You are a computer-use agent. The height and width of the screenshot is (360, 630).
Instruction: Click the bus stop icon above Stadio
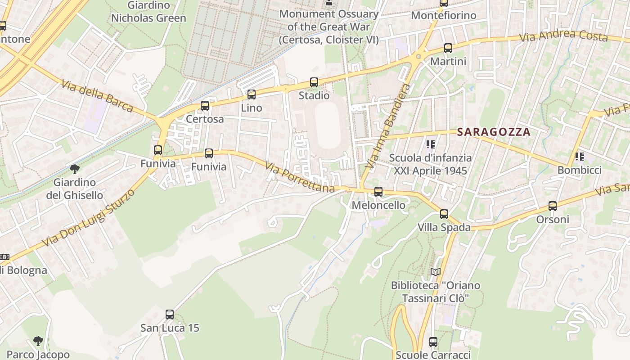pyautogui.click(x=314, y=82)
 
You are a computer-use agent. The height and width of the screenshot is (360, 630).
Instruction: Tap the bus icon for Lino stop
pyautogui.click(x=252, y=94)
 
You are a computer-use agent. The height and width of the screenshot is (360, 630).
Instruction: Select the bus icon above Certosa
pyautogui.click(x=205, y=106)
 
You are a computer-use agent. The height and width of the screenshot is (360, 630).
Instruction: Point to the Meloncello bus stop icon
pyautogui.click(x=378, y=192)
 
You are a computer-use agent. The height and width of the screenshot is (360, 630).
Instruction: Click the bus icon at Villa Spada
pyautogui.click(x=444, y=214)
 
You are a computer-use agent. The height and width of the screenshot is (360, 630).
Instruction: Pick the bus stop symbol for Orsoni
pyautogui.click(x=553, y=206)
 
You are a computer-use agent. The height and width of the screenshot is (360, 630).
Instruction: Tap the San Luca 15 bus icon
pyautogui.click(x=170, y=315)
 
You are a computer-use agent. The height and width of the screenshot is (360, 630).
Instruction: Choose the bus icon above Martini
pyautogui.click(x=448, y=48)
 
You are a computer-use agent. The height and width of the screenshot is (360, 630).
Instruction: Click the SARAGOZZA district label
pyautogui.click(x=494, y=132)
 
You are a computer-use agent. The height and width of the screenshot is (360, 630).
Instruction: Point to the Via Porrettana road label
pyautogui.click(x=300, y=177)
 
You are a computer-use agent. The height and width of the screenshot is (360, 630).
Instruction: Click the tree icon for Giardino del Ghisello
pyautogui.click(x=75, y=169)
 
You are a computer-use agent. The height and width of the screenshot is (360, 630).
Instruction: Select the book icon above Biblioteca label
pyautogui.click(x=435, y=272)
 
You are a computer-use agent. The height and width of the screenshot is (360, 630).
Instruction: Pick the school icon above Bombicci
pyautogui.click(x=580, y=157)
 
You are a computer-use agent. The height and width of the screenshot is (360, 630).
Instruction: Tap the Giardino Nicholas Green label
pyautogui.click(x=148, y=12)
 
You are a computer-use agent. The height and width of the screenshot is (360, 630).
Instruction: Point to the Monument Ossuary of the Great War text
pyautogui.click(x=328, y=27)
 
